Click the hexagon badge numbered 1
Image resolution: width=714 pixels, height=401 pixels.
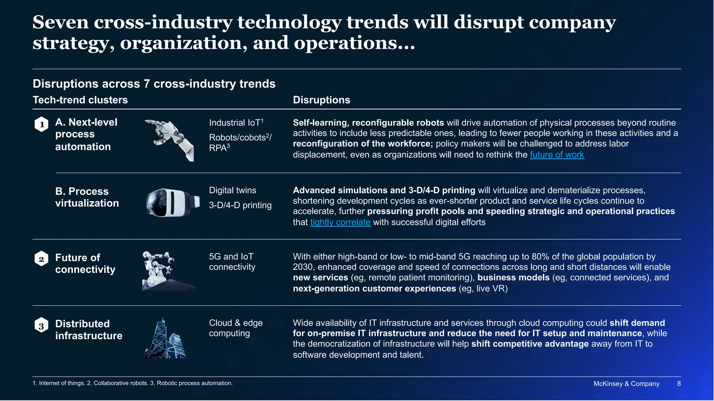coord(41,124)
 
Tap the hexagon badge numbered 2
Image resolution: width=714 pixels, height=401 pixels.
coord(41,259)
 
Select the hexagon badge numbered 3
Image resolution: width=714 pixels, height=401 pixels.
coord(41,325)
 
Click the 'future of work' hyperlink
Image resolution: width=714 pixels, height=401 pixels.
coord(557,155)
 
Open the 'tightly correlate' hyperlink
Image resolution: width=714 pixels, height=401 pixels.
coord(340,222)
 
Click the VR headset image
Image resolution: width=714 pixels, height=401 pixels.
coord(173,203)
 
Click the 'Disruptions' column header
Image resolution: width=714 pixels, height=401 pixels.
coord(321,100)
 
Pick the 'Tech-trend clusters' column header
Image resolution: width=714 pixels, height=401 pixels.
coord(80,100)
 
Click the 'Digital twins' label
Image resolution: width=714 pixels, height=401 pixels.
coord(233,190)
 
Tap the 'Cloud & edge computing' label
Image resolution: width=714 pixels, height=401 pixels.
coord(236,328)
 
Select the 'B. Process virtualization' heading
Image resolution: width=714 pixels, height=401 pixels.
coord(87,197)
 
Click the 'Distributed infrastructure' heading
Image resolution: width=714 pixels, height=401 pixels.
coord(89,330)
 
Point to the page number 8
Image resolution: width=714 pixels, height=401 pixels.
coord(679,384)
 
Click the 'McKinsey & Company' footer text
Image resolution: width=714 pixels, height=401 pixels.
coord(626,384)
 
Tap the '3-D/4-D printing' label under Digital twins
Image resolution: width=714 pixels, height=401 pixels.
coord(240,205)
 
